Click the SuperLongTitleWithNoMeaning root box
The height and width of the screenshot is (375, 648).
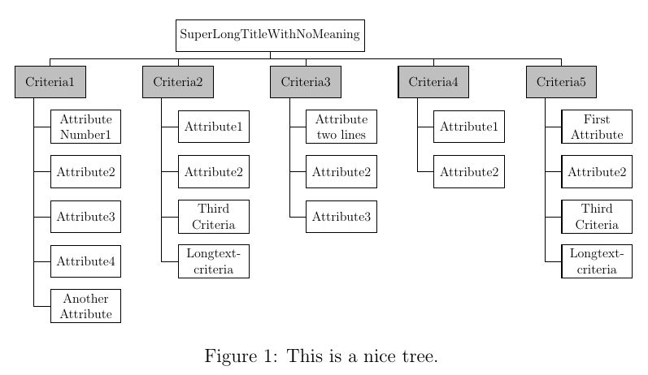[270, 35]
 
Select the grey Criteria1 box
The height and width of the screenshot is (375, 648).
[50, 82]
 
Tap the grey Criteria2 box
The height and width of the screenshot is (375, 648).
[177, 82]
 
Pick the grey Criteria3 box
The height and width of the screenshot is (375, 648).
[305, 82]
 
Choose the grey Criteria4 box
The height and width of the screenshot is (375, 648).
[433, 82]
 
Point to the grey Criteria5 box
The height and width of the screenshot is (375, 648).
[561, 82]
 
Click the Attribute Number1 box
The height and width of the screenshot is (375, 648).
[85, 127]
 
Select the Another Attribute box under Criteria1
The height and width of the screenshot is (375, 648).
[85, 306]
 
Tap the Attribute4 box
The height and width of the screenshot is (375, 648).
[85, 261]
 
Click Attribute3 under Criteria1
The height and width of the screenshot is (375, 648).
[85, 217]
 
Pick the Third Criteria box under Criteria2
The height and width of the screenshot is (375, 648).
[213, 217]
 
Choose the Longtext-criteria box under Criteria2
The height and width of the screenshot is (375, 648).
[213, 261]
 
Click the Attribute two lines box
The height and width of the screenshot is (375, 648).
[341, 127]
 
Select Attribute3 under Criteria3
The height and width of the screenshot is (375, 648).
[341, 217]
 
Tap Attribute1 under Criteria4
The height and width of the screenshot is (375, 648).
[469, 127]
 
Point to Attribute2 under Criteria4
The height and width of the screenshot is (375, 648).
[469, 171]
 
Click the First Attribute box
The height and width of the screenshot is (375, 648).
[597, 127]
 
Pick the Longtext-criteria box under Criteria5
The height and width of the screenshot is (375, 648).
[597, 261]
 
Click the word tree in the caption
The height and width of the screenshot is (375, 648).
[420, 356]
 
